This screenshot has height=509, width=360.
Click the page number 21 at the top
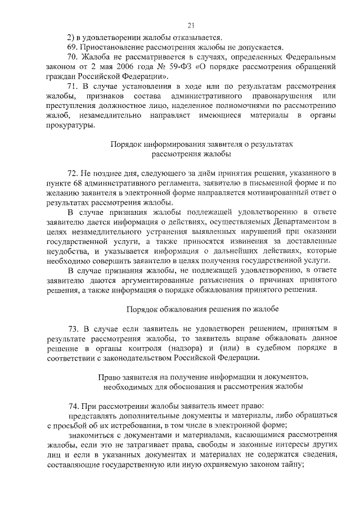[x=191, y=25]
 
